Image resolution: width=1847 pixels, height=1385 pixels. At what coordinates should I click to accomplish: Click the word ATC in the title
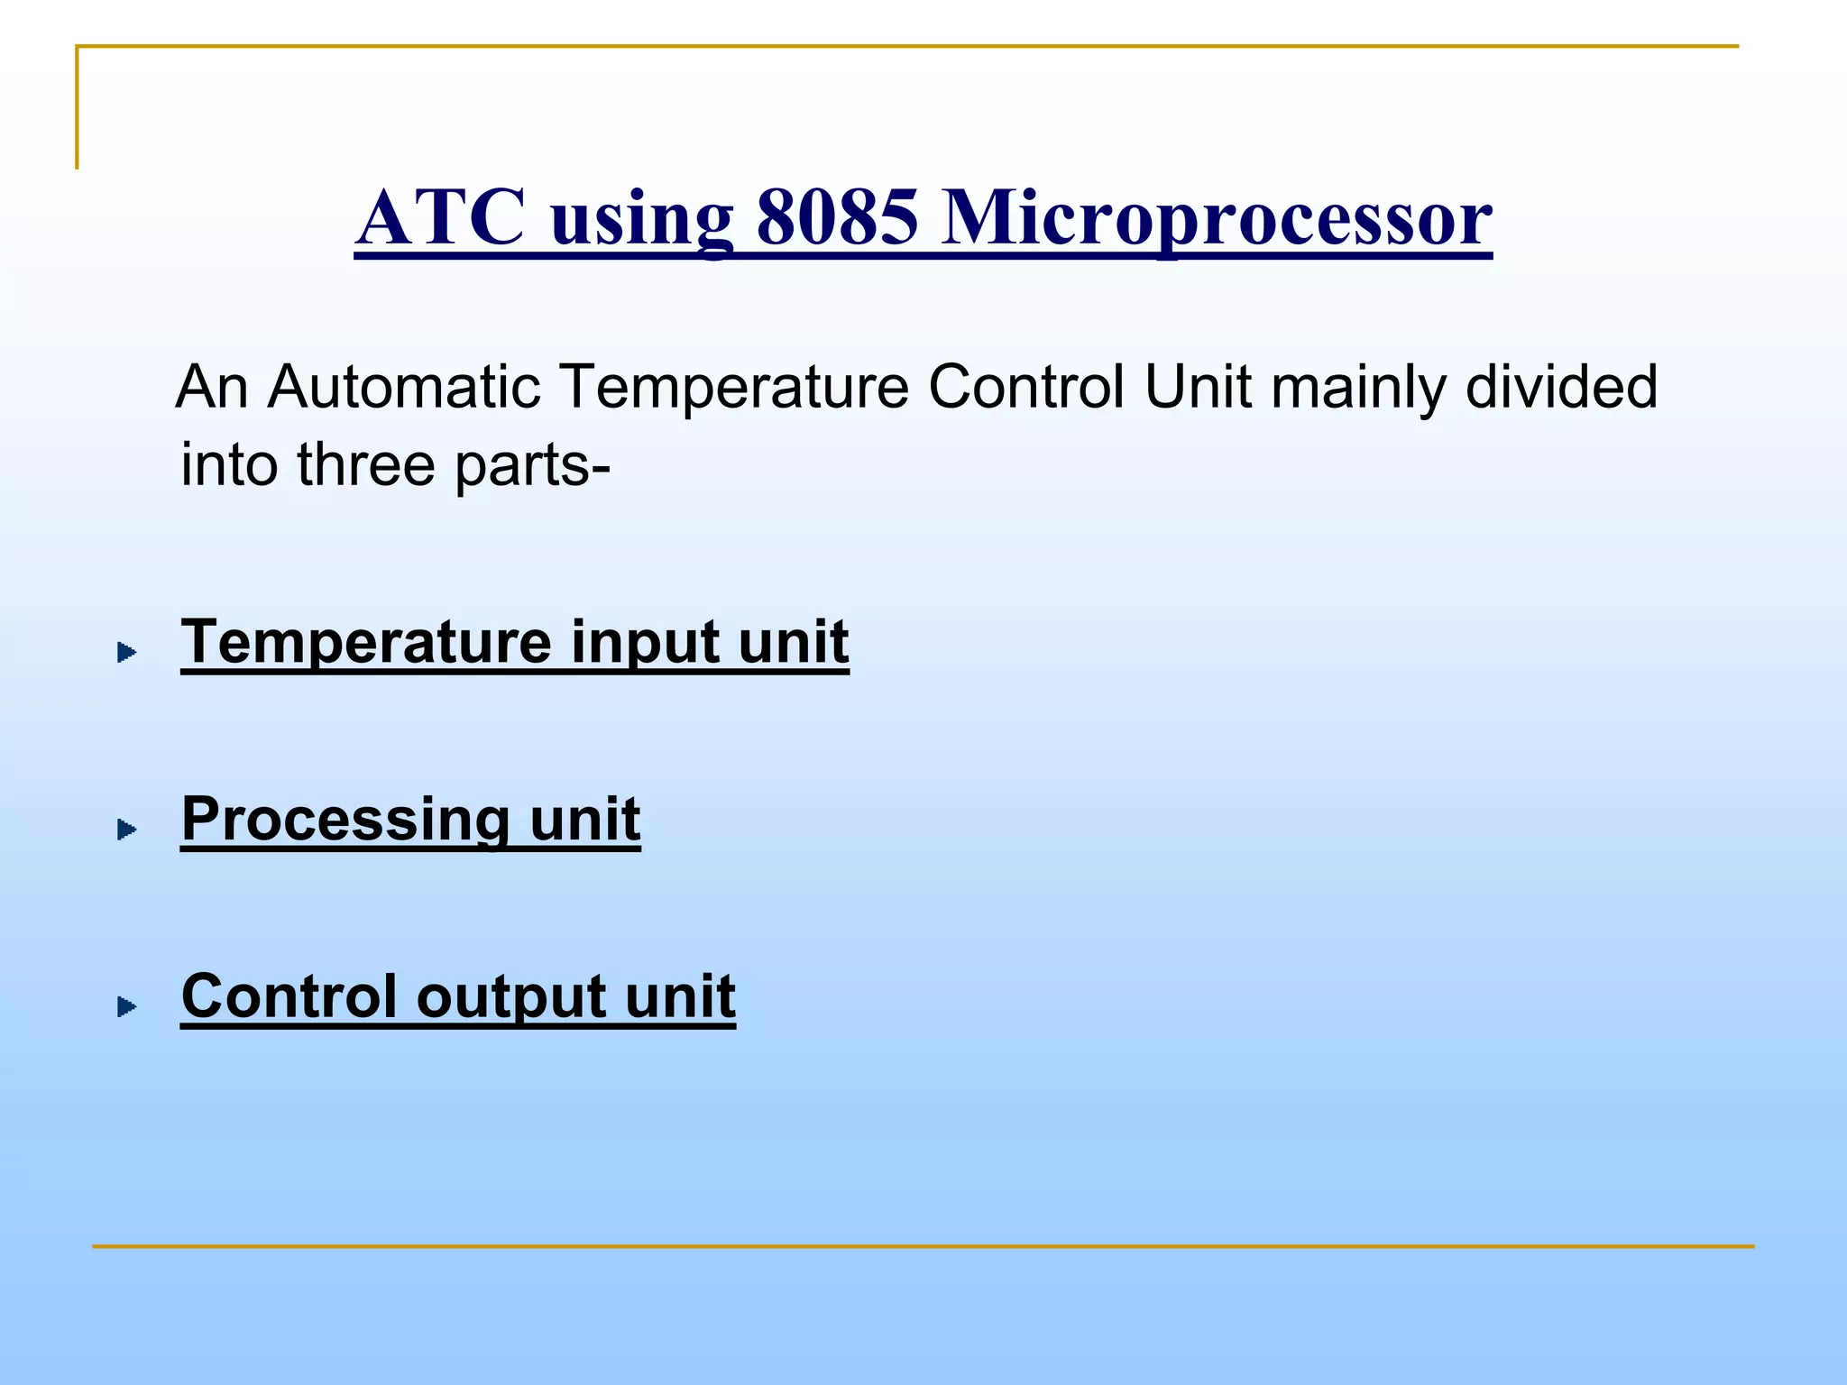(x=440, y=218)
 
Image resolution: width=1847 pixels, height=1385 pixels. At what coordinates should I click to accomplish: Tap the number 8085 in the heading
(x=837, y=218)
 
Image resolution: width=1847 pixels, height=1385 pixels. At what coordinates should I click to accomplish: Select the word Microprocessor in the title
(x=1216, y=218)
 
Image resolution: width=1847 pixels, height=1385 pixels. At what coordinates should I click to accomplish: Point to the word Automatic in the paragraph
(x=404, y=387)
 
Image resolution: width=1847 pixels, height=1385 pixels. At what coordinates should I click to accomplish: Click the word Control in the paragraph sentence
(x=1025, y=387)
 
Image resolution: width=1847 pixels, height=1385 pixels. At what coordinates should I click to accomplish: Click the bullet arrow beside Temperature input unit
(x=127, y=652)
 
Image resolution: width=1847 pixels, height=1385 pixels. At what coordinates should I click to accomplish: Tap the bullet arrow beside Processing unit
(x=127, y=829)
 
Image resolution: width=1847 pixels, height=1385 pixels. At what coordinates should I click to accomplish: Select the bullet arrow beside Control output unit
(x=127, y=1006)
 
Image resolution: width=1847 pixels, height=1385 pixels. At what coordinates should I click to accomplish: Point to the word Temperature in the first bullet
(x=366, y=642)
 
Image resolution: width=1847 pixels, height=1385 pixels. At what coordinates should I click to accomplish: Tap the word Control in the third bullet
(x=289, y=995)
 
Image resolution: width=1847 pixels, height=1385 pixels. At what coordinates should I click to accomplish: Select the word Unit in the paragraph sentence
(x=1198, y=387)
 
